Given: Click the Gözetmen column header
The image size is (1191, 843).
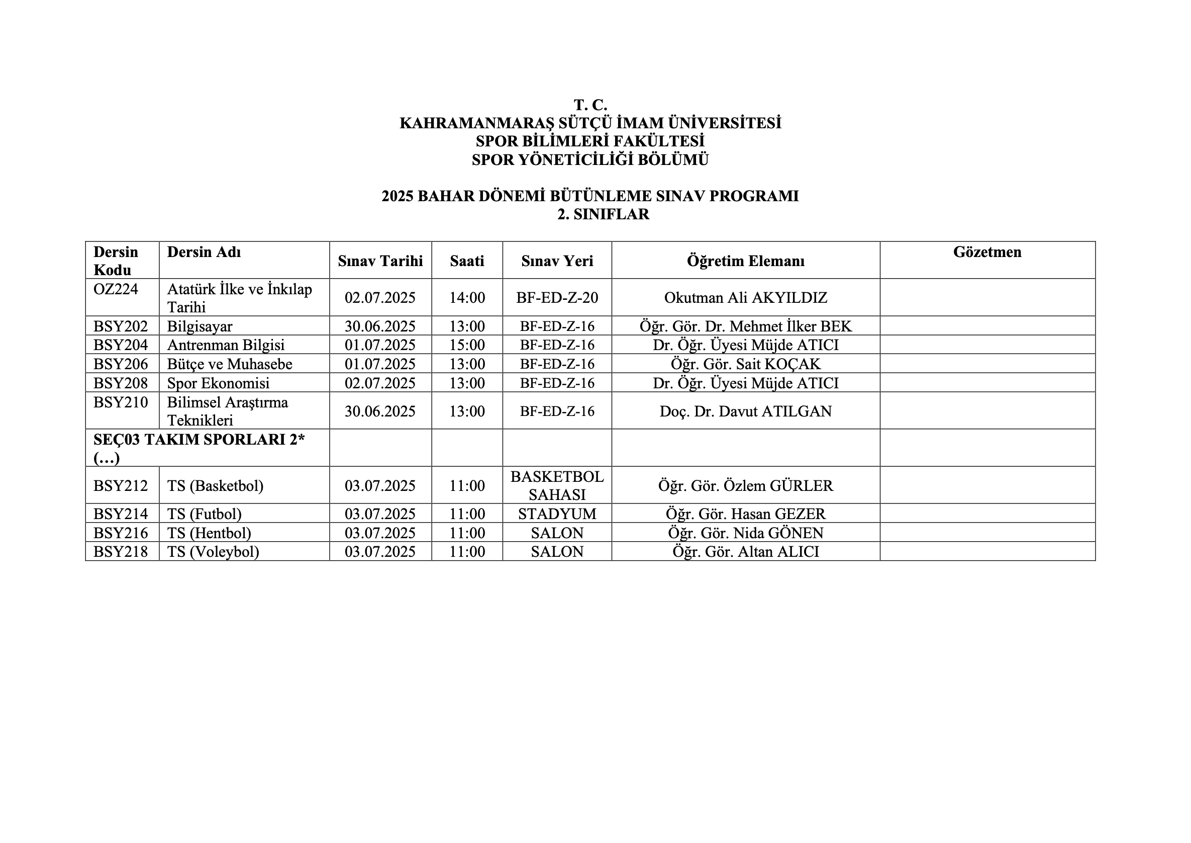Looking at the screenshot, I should (986, 252).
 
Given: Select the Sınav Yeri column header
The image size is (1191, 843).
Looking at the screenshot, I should (557, 261).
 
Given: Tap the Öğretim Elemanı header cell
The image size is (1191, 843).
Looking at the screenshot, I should (745, 261).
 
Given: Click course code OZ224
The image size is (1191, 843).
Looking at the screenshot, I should (116, 289).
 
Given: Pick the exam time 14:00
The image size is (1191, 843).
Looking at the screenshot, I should (467, 297).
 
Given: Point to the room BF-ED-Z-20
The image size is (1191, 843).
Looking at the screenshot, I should (557, 297).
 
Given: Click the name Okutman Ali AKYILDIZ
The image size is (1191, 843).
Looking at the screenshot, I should (745, 297).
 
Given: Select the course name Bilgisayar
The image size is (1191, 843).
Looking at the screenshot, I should (200, 326).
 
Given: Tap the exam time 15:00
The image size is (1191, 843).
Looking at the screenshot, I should (467, 345).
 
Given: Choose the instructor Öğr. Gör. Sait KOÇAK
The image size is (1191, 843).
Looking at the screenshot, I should (745, 364).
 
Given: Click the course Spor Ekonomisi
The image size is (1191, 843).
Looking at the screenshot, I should (218, 383).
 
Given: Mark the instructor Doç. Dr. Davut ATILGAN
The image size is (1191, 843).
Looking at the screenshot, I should (745, 411).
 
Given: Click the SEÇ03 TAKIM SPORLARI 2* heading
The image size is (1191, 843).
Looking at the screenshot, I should (198, 440).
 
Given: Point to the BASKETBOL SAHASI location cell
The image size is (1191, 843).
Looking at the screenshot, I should (557, 485).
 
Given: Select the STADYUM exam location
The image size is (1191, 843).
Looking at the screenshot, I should (557, 514).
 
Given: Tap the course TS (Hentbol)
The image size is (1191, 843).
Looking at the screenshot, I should (209, 533).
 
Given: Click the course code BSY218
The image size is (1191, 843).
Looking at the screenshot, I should (120, 551).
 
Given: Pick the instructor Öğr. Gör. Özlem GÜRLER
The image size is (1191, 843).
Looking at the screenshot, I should (745, 485).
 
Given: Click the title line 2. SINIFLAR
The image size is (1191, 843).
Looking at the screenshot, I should (603, 214).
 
